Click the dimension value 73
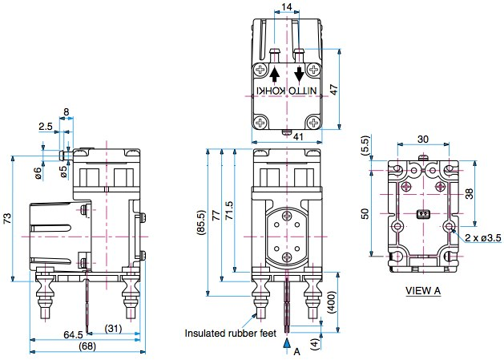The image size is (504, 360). [7, 218]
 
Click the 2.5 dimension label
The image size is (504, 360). [45, 127]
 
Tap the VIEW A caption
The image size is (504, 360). [423, 290]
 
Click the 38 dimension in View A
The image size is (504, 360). [479, 192]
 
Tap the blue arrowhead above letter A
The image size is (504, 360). [287, 341]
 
